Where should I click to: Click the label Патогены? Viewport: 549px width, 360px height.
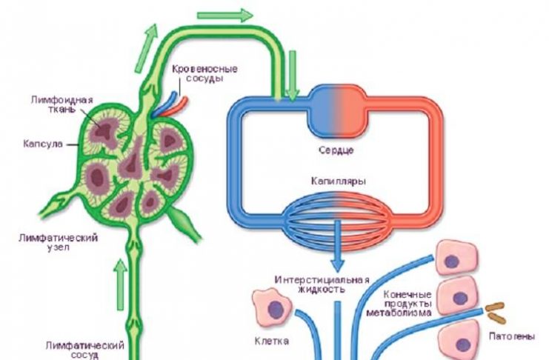(x=512, y=337)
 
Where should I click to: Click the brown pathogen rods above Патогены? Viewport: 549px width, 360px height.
(x=496, y=311)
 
